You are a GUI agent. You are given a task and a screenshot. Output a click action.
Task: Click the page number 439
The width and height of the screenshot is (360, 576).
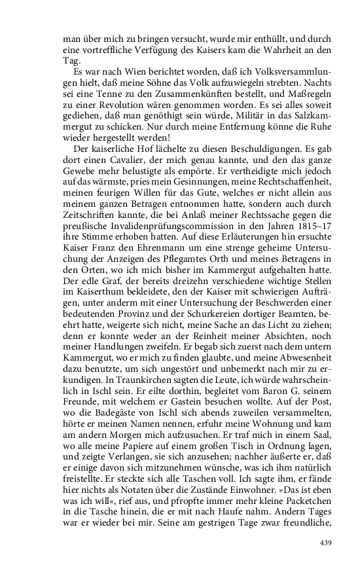coord(325,543)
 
